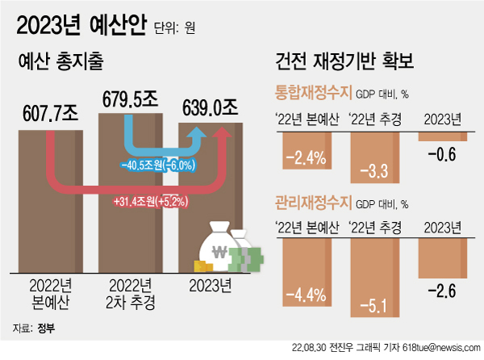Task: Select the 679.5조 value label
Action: tap(133, 100)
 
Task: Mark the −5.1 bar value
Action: tap(378, 305)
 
